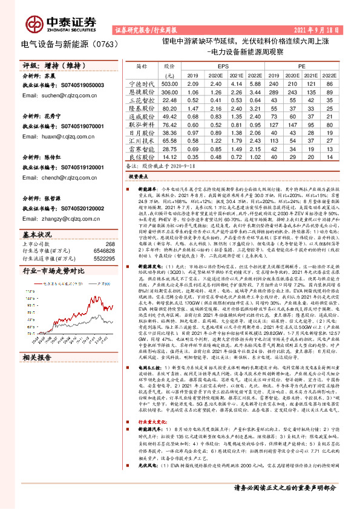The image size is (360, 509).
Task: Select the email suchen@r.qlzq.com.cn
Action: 53,96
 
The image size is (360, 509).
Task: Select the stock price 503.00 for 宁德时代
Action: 169,83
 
